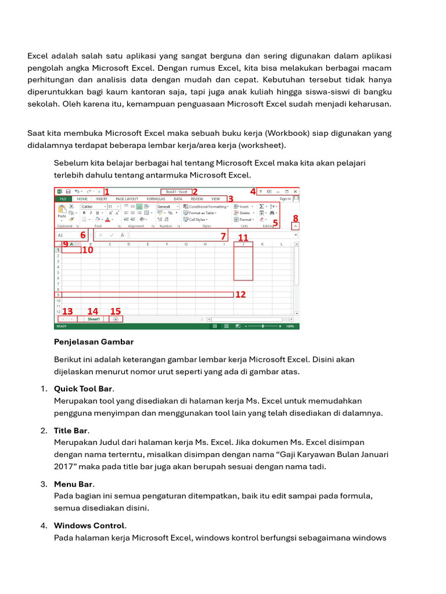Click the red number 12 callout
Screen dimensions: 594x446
pyautogui.click(x=240, y=295)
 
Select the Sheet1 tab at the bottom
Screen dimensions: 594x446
pyautogui.click(x=93, y=318)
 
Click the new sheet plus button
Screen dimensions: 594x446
pyautogui.click(x=116, y=318)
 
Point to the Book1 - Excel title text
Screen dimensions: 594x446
pyautogui.click(x=177, y=191)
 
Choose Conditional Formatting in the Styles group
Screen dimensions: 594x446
pyautogui.click(x=207, y=206)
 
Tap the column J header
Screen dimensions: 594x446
pyautogui.click(x=243, y=244)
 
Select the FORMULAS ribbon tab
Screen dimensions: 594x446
pyautogui.click(x=156, y=198)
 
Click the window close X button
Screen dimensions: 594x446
pyautogui.click(x=295, y=191)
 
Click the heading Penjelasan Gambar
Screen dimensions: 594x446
pyautogui.click(x=93, y=342)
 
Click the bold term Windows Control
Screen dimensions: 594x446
pyautogui.click(x=89, y=526)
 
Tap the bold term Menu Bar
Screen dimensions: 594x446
pyautogui.click(x=74, y=484)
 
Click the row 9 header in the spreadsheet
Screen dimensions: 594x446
pyautogui.click(x=58, y=295)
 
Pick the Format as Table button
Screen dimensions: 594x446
pyautogui.click(x=203, y=213)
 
